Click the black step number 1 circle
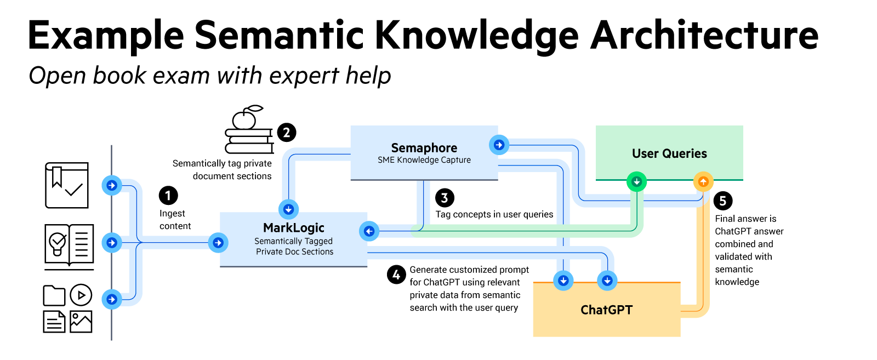(168, 195)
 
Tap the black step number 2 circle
(287, 133)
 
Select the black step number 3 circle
(445, 198)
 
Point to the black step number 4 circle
(396, 275)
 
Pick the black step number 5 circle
(723, 201)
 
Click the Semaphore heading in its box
(424, 148)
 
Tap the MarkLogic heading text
(294, 228)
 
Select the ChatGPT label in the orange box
(606, 310)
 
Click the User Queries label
(669, 153)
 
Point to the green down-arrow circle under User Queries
(636, 181)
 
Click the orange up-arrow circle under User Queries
(703, 181)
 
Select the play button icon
(81, 295)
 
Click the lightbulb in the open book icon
(57, 243)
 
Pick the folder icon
(54, 295)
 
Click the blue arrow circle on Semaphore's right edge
(499, 145)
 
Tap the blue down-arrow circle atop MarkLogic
(288, 209)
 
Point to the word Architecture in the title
(704, 35)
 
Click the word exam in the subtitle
(181, 76)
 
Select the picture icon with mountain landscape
(81, 322)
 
